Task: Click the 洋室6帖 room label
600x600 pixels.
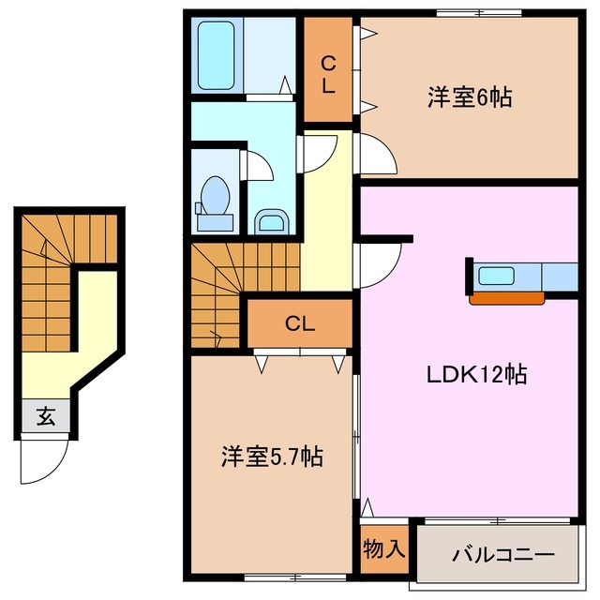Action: pos(470,97)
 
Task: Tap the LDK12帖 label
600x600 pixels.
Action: pos(478,375)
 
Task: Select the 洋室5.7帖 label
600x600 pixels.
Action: pos(272,457)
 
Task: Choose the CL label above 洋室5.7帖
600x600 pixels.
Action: pos(300,324)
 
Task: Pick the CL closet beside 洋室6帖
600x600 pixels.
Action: pos(328,75)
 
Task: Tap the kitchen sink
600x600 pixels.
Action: pos(496,276)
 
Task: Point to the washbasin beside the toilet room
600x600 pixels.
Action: pos(272,221)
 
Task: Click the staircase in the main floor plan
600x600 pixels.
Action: pos(217,291)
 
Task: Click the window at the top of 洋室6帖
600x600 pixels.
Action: pos(478,11)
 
